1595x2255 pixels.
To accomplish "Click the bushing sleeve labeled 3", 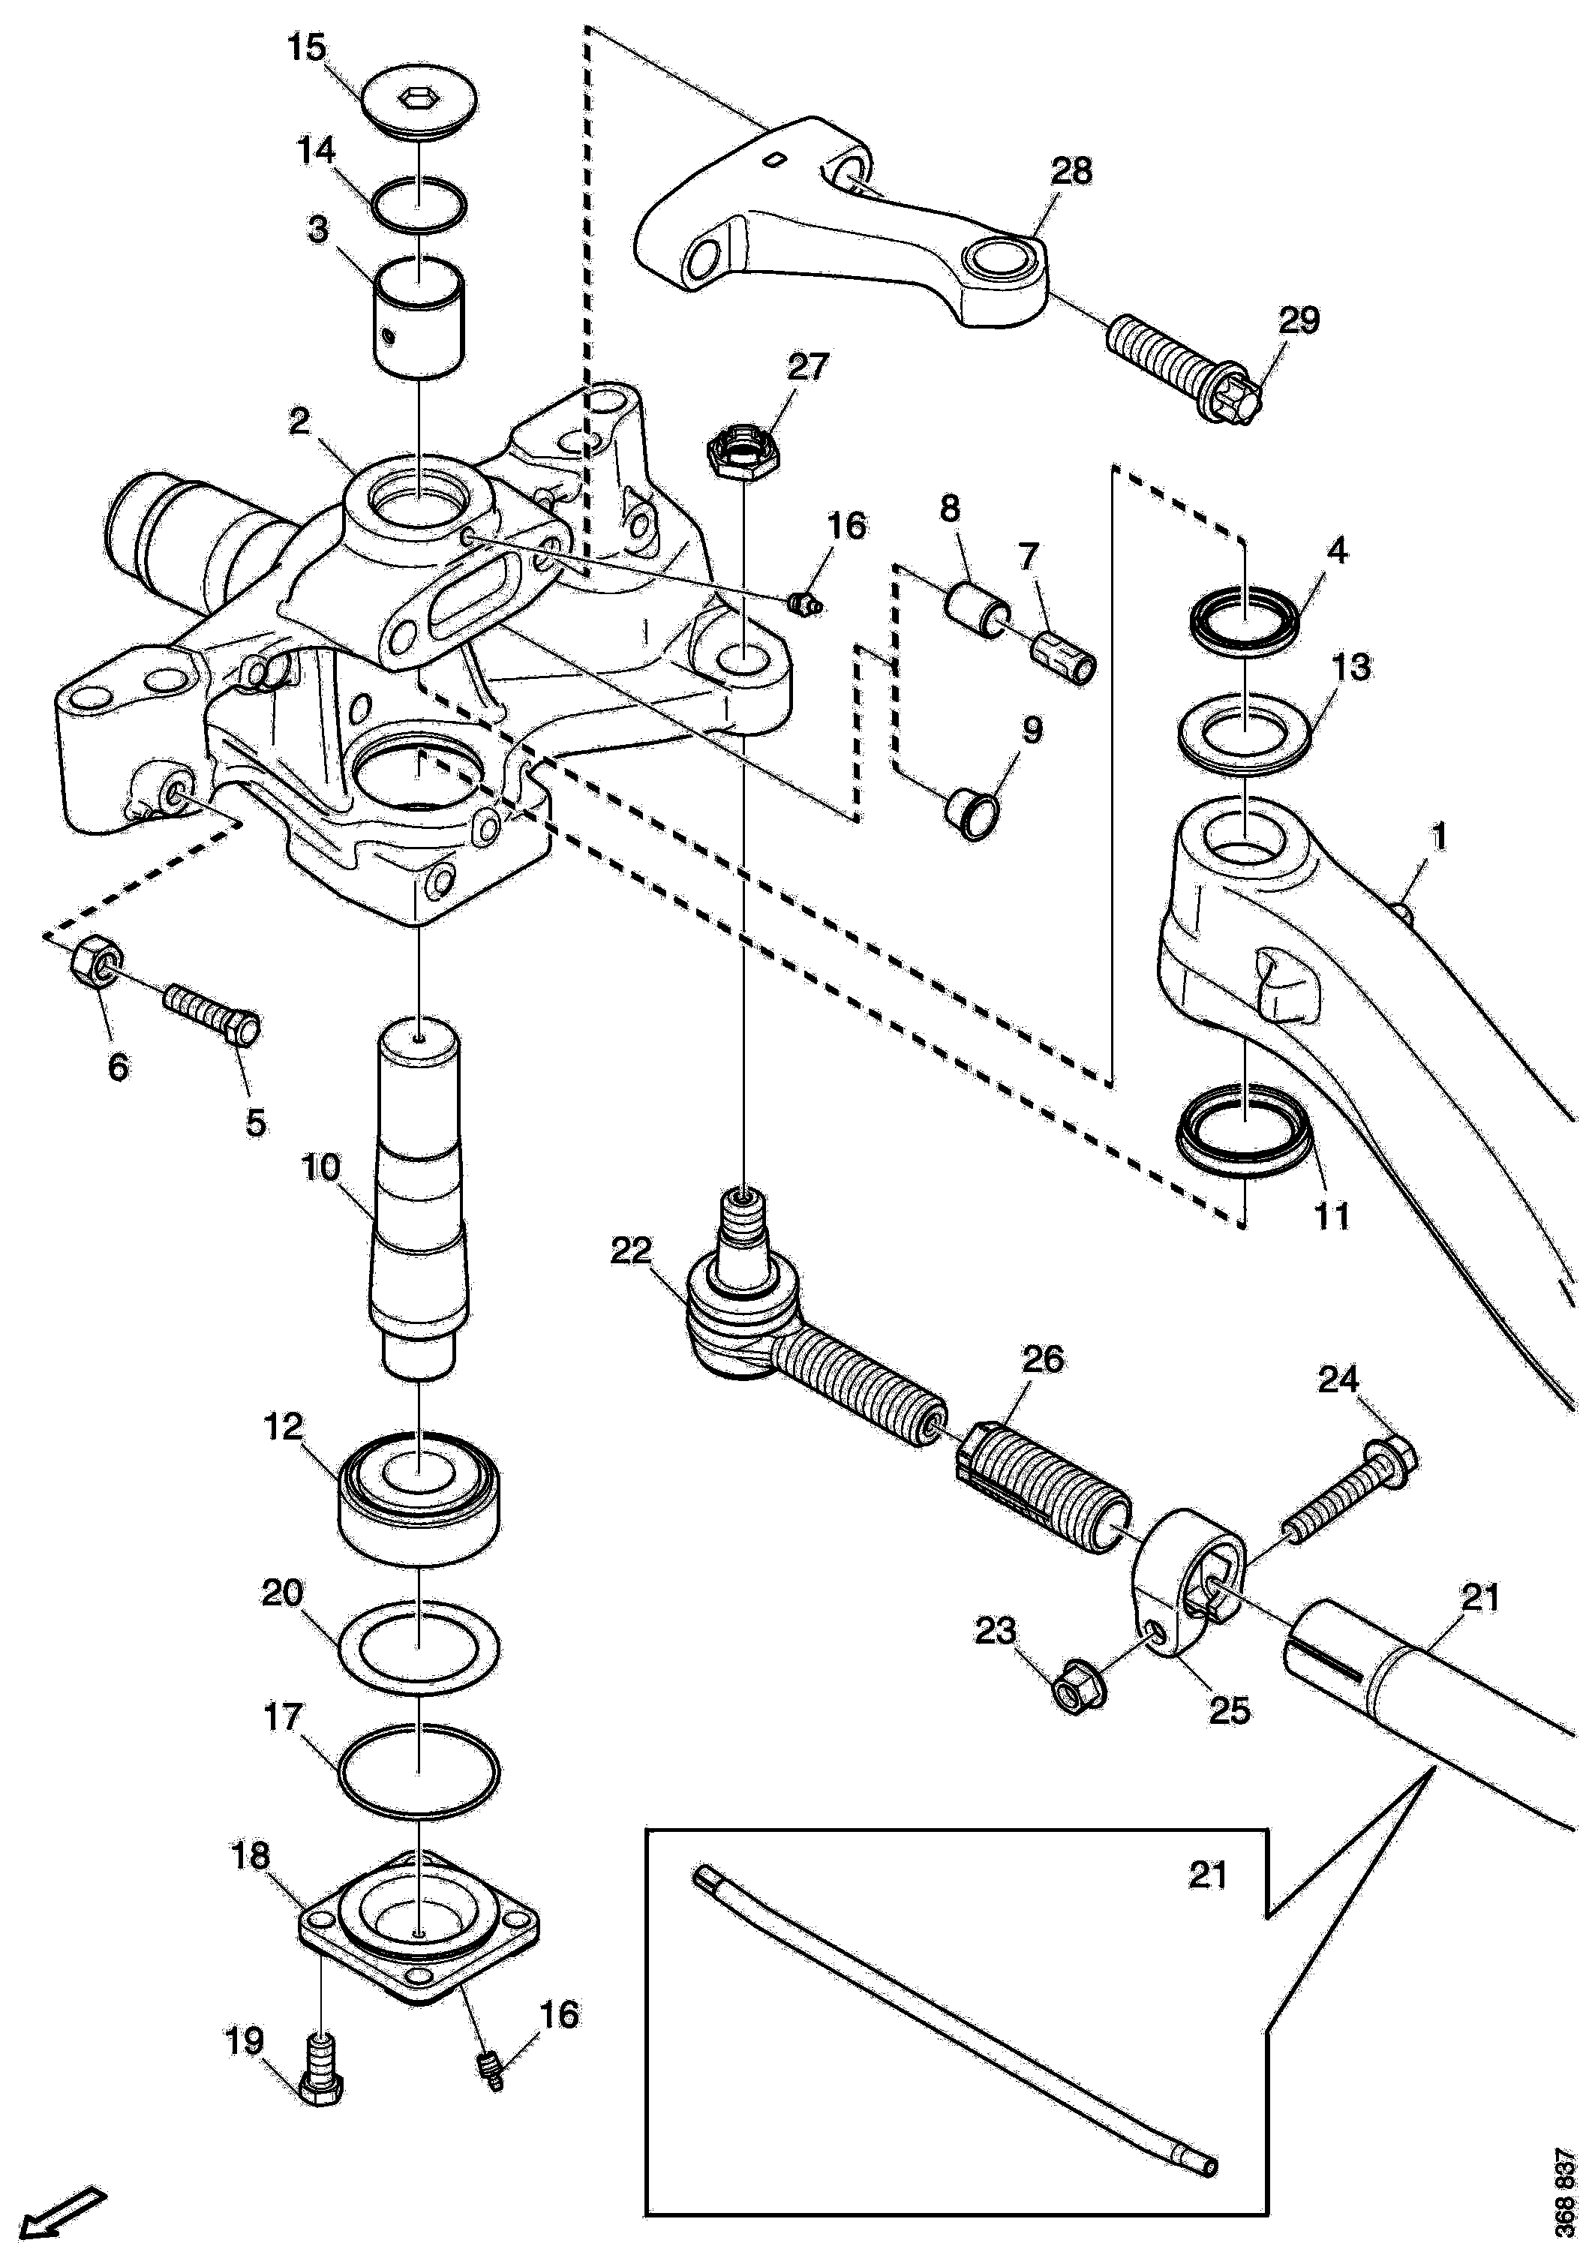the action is (419, 317).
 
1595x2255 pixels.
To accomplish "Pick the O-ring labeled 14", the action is (419, 207).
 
